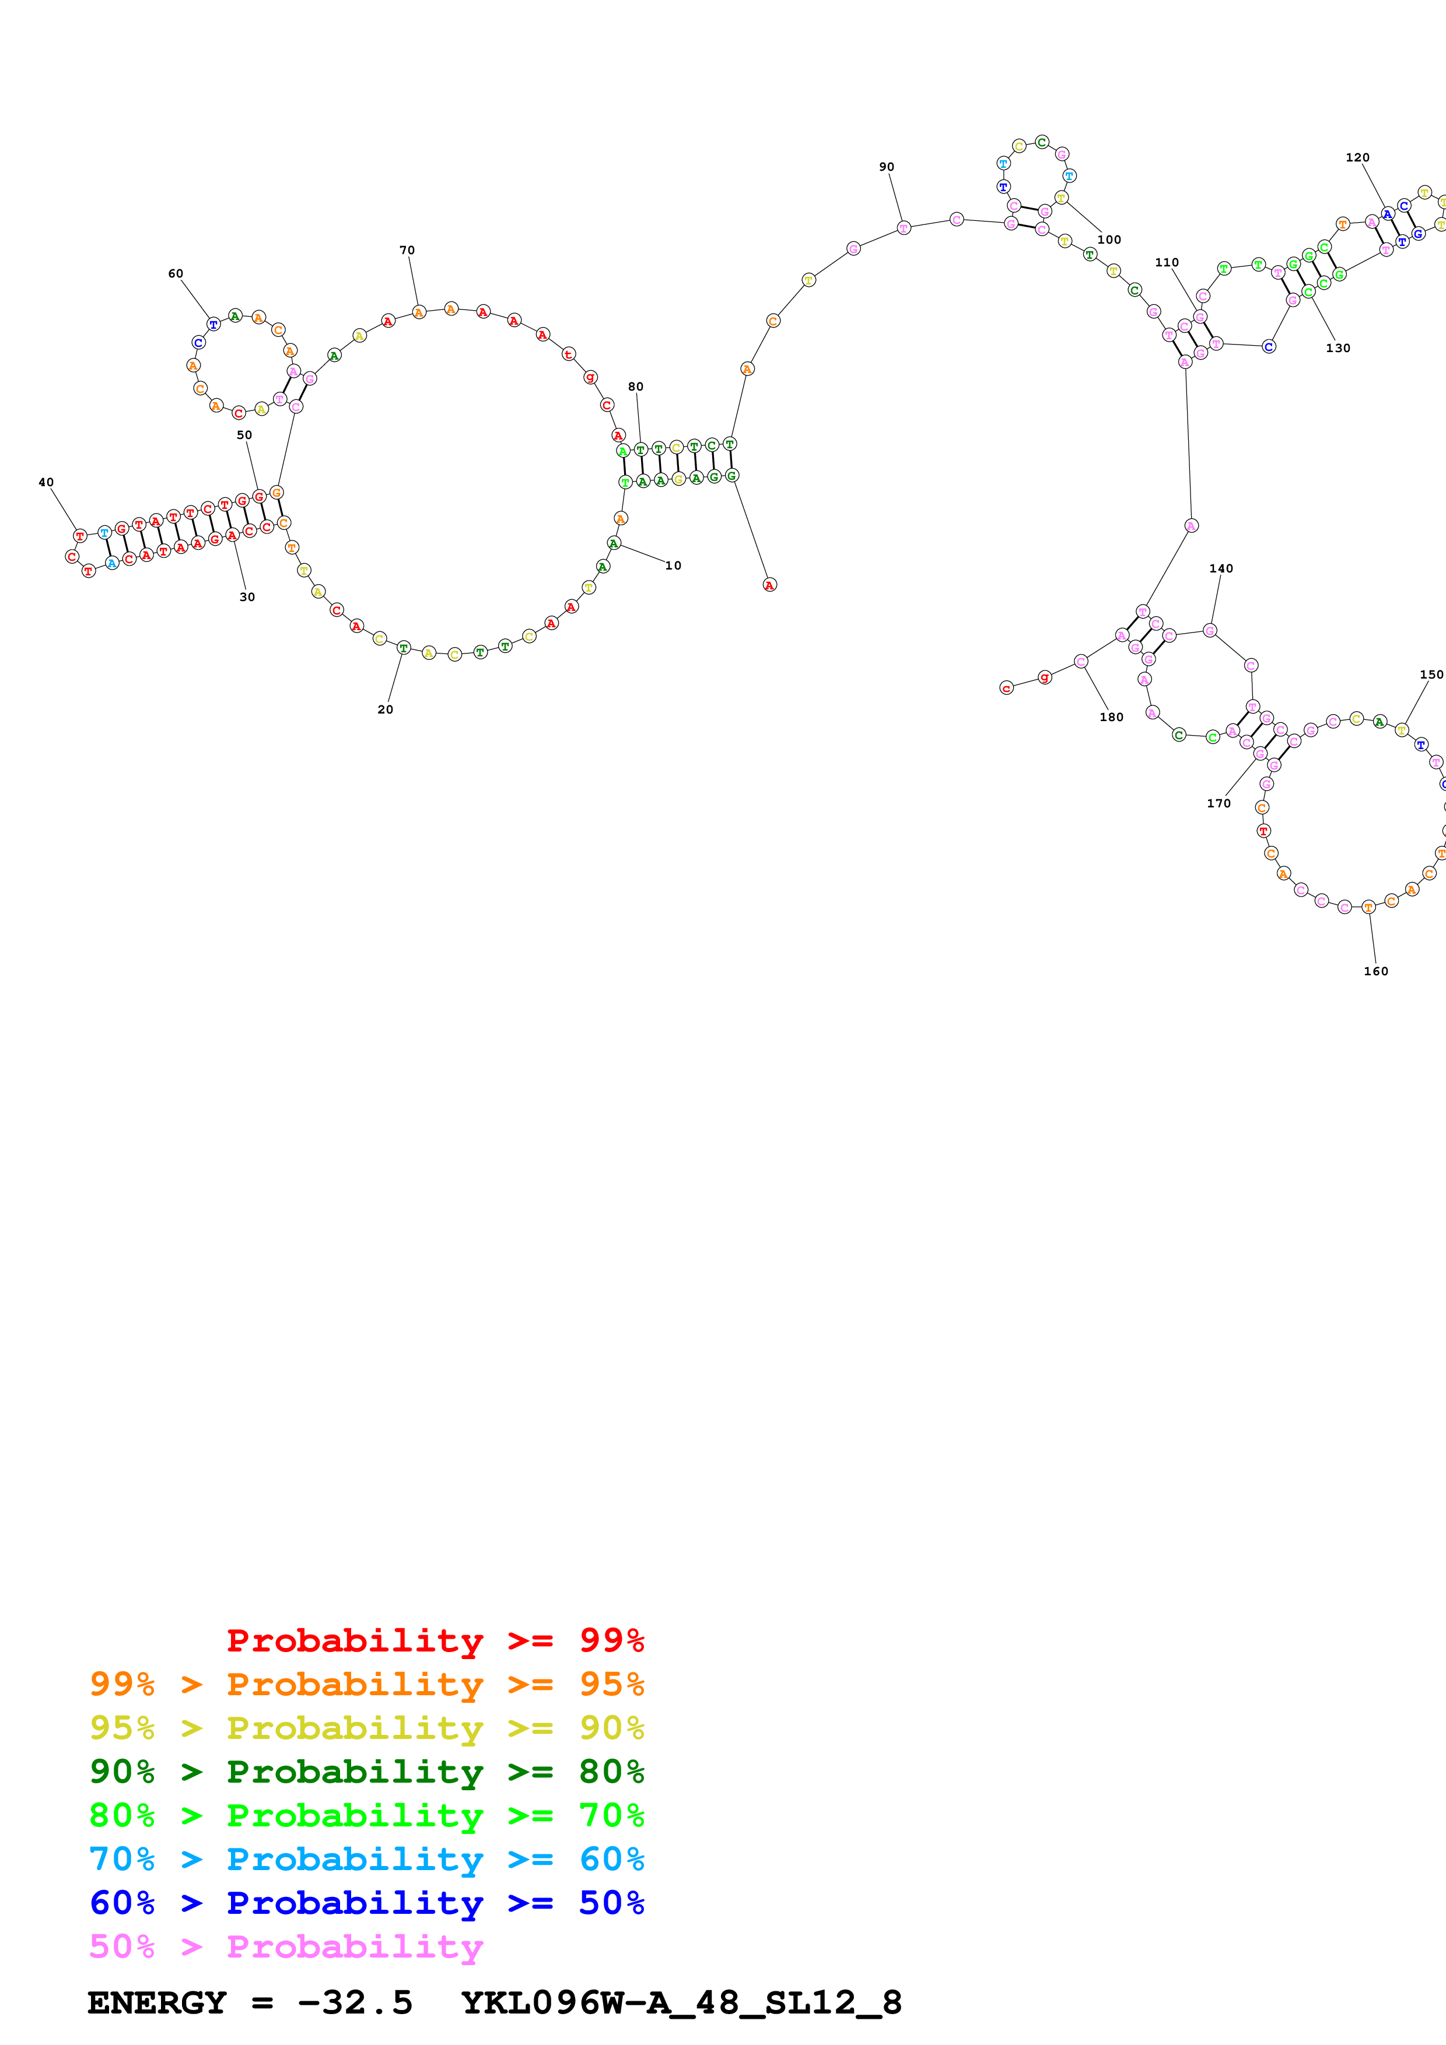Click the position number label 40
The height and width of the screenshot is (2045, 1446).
click(x=46, y=483)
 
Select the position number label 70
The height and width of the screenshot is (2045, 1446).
click(x=407, y=250)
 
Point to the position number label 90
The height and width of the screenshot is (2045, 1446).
click(x=887, y=167)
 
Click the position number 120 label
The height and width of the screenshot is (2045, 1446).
click(x=1357, y=157)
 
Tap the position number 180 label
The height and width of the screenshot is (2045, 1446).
click(x=1111, y=717)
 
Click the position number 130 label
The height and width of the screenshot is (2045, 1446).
click(x=1338, y=348)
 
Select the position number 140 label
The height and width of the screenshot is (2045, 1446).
click(x=1221, y=568)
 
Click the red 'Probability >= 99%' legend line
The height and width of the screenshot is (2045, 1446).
click(x=435, y=1640)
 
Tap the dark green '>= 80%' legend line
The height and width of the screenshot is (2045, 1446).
click(x=366, y=1772)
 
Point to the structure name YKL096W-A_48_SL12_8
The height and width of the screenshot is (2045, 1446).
click(x=681, y=2003)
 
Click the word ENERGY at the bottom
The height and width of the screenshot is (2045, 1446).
click(x=157, y=2003)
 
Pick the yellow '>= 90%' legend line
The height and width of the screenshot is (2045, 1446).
click(x=366, y=1728)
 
